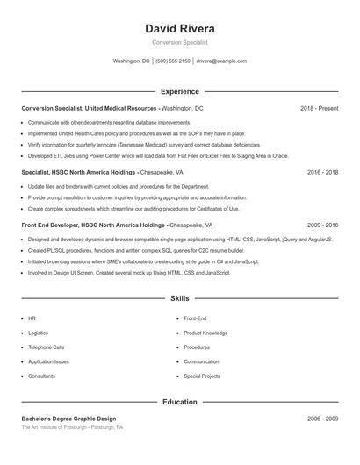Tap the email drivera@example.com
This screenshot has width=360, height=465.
[x=221, y=61]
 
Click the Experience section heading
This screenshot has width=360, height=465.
[x=179, y=91]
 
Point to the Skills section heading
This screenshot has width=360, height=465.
[x=179, y=299]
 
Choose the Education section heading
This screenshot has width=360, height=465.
[x=179, y=402]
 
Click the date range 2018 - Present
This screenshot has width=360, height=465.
[x=319, y=108]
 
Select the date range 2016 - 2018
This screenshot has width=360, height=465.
[x=322, y=173]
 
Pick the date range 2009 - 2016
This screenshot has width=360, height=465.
[x=322, y=225]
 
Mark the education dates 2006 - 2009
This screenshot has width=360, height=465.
[x=322, y=418]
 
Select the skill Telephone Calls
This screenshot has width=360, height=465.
[x=46, y=347]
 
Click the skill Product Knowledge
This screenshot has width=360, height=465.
[x=205, y=333]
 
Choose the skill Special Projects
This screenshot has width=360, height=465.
[x=202, y=376]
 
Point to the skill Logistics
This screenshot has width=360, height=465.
[x=38, y=333]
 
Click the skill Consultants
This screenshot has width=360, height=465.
[x=41, y=376]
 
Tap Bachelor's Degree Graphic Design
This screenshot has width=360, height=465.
[x=68, y=418]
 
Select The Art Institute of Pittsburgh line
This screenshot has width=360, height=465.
[x=72, y=427]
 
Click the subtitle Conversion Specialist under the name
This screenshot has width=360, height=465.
[x=179, y=42]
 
